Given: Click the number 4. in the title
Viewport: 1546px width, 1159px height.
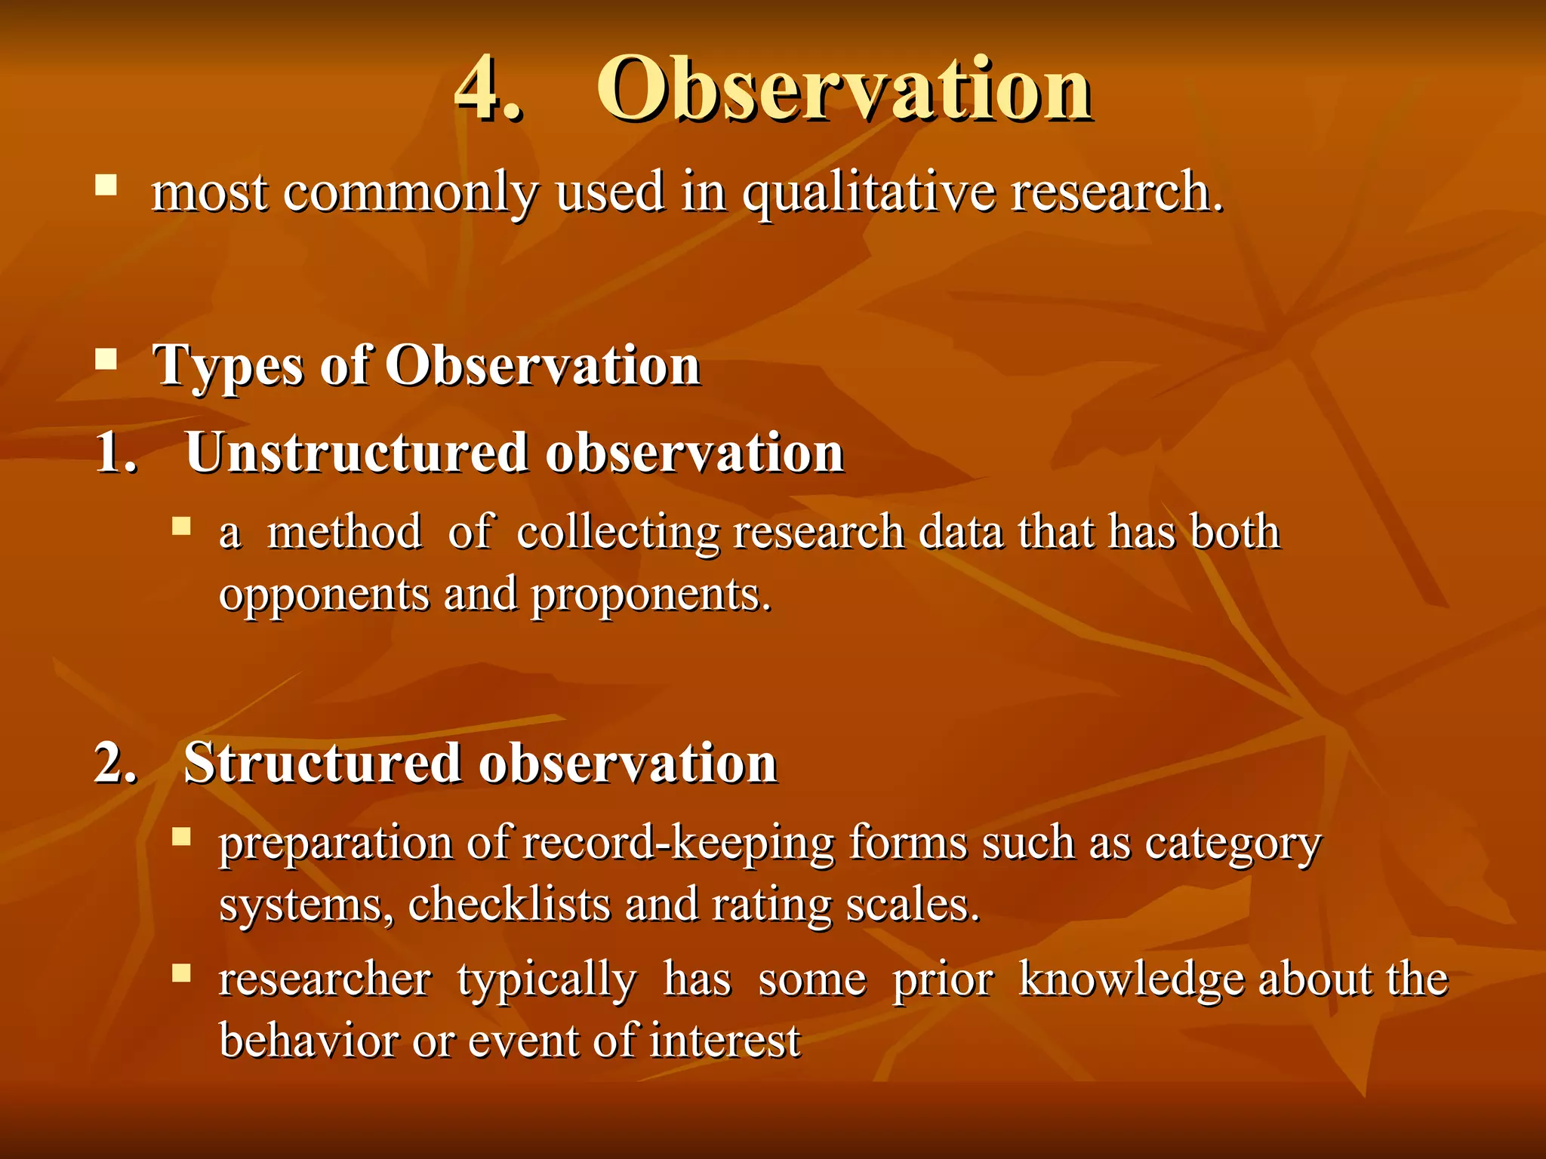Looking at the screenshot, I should (487, 89).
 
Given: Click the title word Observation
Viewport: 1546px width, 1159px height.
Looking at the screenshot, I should (844, 89).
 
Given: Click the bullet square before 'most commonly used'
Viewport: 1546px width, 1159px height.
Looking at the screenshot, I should (106, 185).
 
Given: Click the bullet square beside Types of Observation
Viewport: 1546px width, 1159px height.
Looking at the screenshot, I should (106, 358).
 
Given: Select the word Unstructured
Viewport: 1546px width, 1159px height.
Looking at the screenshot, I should (356, 453).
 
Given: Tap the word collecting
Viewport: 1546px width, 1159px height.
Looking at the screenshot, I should (618, 533).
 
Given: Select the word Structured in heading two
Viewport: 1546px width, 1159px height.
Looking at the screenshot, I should (322, 763).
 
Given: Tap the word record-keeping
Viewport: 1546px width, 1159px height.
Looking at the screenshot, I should (678, 843).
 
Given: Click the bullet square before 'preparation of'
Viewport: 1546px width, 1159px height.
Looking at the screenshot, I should (181, 836).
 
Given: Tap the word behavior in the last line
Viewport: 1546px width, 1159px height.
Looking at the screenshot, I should (308, 1041).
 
